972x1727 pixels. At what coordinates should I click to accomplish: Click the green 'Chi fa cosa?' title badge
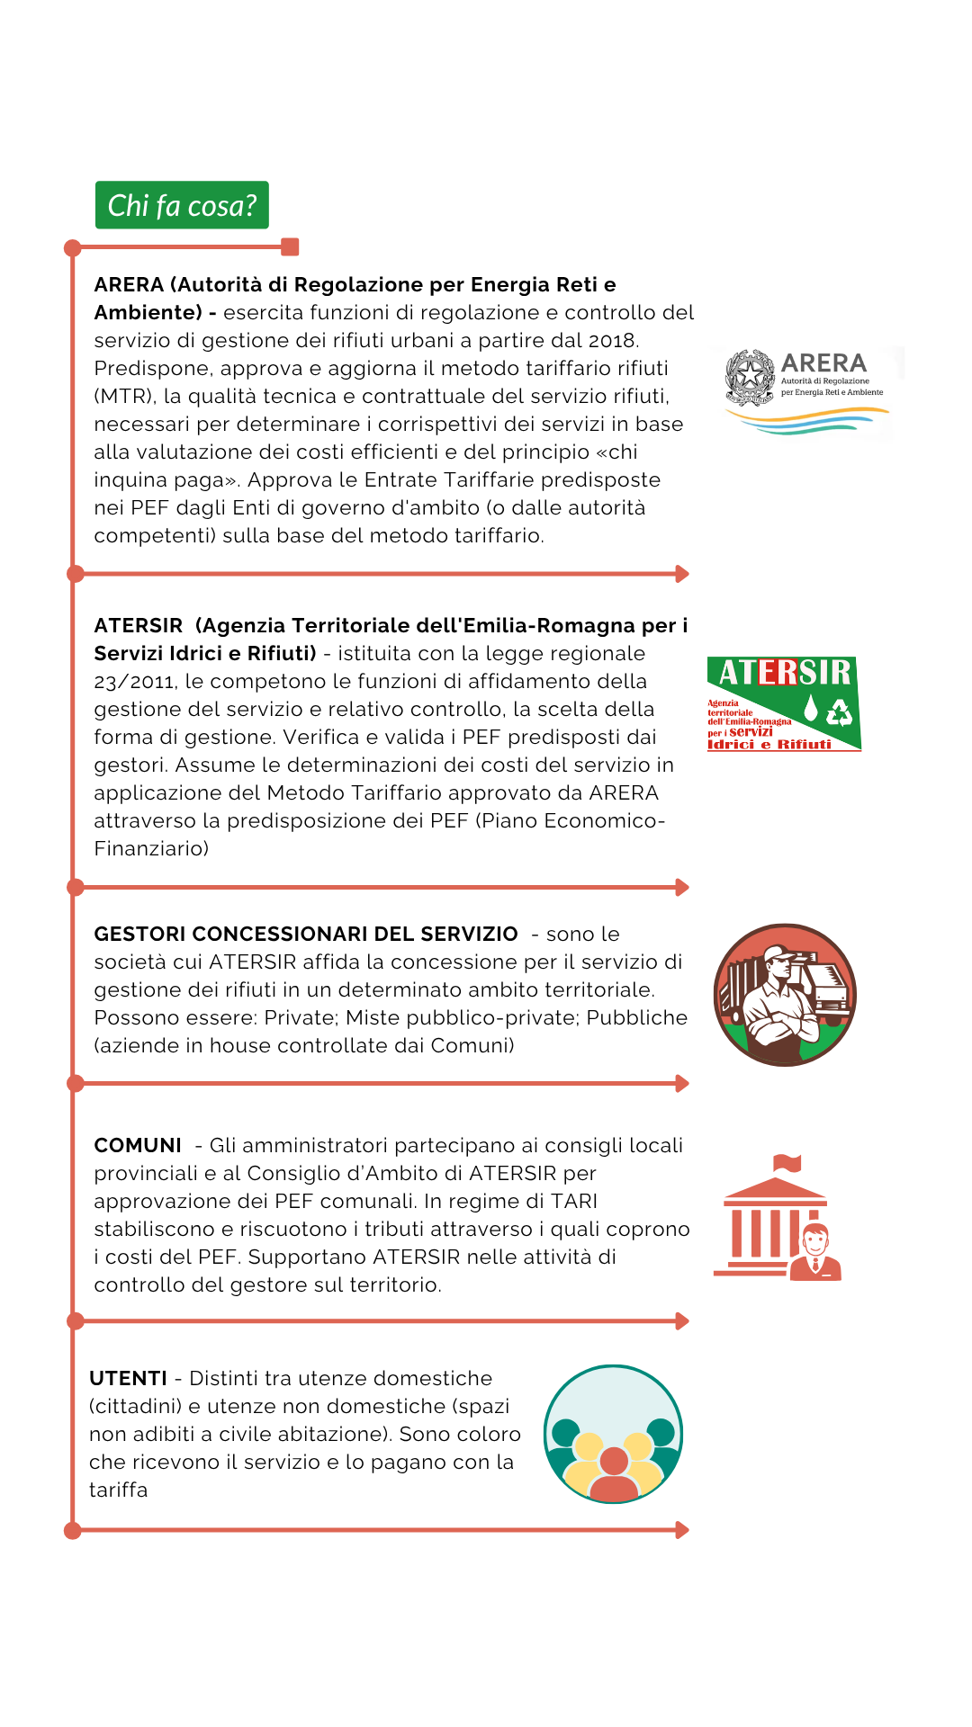[x=182, y=205]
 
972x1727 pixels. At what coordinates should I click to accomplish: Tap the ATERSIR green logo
[x=783, y=703]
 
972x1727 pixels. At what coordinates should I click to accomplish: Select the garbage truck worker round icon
[x=785, y=995]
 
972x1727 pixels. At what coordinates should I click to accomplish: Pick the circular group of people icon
[x=613, y=1434]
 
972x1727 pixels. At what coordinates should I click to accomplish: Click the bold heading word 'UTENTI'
[x=128, y=1378]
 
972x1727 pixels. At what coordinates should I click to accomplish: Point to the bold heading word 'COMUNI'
[x=138, y=1145]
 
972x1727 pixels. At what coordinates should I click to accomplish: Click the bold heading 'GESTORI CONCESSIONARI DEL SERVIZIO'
[x=306, y=934]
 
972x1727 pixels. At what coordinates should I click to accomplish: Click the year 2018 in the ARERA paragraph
[x=611, y=341]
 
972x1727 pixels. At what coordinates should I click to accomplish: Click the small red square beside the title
[x=290, y=246]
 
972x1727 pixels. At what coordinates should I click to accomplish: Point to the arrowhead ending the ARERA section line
[x=682, y=574]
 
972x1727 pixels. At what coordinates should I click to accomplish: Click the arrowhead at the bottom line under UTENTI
[x=682, y=1530]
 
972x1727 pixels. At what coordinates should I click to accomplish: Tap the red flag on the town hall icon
[x=787, y=1162]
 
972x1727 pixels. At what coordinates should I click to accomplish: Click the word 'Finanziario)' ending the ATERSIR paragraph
[x=151, y=848]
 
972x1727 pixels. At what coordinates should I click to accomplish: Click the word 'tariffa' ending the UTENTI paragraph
[x=118, y=1490]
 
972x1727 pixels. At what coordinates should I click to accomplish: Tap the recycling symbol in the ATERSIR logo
[x=839, y=712]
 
